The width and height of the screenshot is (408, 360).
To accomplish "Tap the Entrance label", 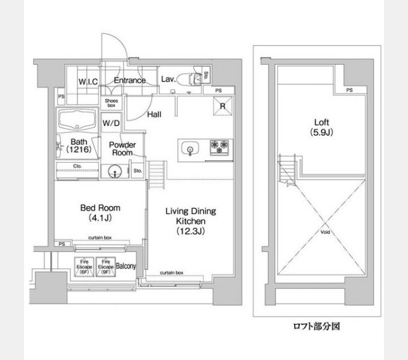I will point(130,80).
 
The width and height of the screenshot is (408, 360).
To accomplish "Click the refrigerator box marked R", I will point(222,107).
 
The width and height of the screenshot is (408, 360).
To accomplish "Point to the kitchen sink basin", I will point(190,148).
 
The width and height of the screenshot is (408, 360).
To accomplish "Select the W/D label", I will point(110,124).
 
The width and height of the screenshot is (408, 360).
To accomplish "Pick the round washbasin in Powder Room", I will point(115,173).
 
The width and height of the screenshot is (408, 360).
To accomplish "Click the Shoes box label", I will point(112,103).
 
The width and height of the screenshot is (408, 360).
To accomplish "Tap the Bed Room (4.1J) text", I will point(97,213).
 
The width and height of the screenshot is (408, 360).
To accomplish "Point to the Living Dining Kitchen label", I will point(191,220).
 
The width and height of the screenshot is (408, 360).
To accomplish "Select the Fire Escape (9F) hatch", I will point(105,266).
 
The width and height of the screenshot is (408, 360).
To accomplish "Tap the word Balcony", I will point(126,266).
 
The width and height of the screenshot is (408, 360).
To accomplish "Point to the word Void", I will point(325,231).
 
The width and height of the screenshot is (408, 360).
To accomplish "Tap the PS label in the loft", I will point(349,90).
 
